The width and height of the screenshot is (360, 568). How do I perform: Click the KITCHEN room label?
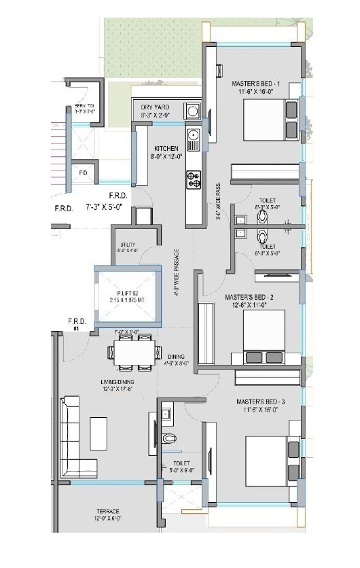pos(166,148)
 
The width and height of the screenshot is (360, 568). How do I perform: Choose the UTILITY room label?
pos(127,245)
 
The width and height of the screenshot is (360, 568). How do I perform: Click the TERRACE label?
pos(108,511)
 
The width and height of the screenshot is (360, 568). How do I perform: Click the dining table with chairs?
pos(132,355)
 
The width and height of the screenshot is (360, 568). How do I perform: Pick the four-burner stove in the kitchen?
pos(194,179)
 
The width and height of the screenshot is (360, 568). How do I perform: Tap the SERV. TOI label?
pos(84,108)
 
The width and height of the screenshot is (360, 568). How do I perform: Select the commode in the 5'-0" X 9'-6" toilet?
pos(169,436)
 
